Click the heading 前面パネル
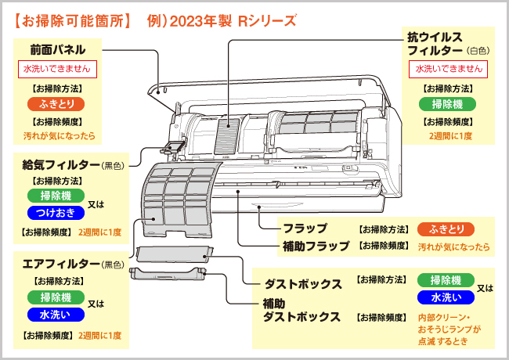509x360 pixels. point(52,49)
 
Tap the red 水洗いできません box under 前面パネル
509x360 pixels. point(56,69)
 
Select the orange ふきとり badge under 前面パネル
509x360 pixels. point(56,104)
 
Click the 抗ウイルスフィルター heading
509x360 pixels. point(435,44)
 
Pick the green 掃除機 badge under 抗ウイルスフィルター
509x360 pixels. point(447,104)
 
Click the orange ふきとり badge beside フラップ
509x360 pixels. point(445,229)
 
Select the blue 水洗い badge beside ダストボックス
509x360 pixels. point(445,297)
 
